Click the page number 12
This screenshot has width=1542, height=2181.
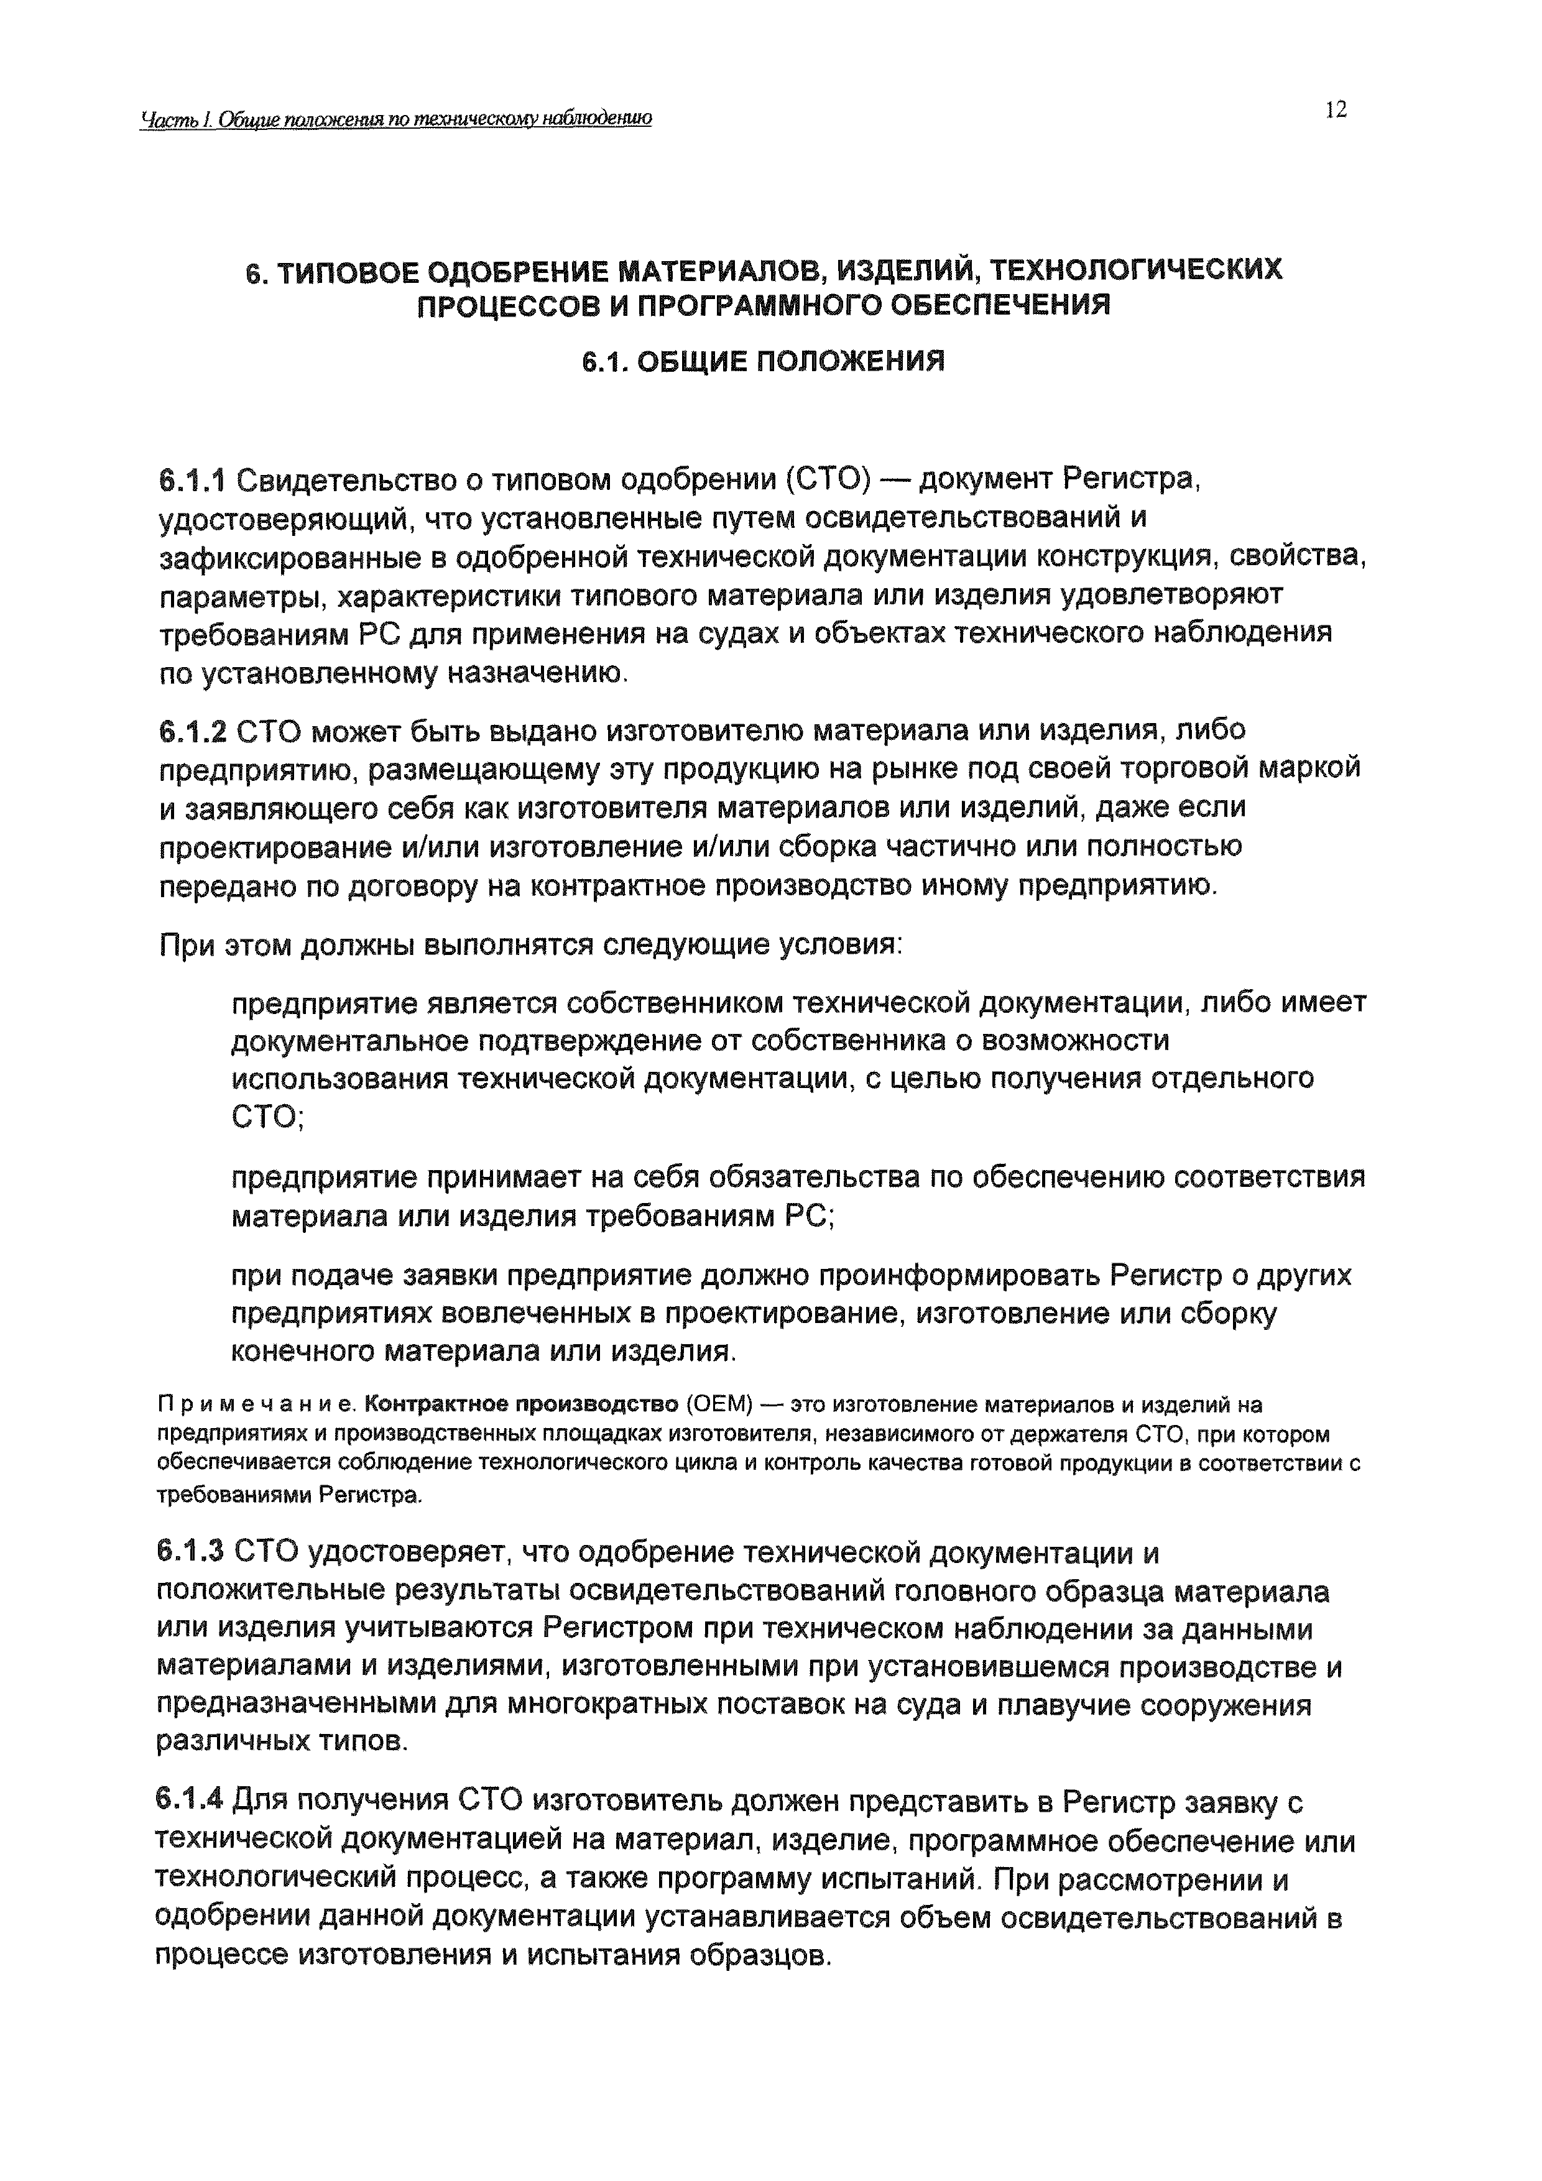pos(1335,110)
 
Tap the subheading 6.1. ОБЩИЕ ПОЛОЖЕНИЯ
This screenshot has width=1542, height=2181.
pos(763,362)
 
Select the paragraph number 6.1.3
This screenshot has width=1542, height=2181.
pos(190,1552)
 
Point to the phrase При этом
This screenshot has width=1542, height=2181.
pos(224,946)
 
